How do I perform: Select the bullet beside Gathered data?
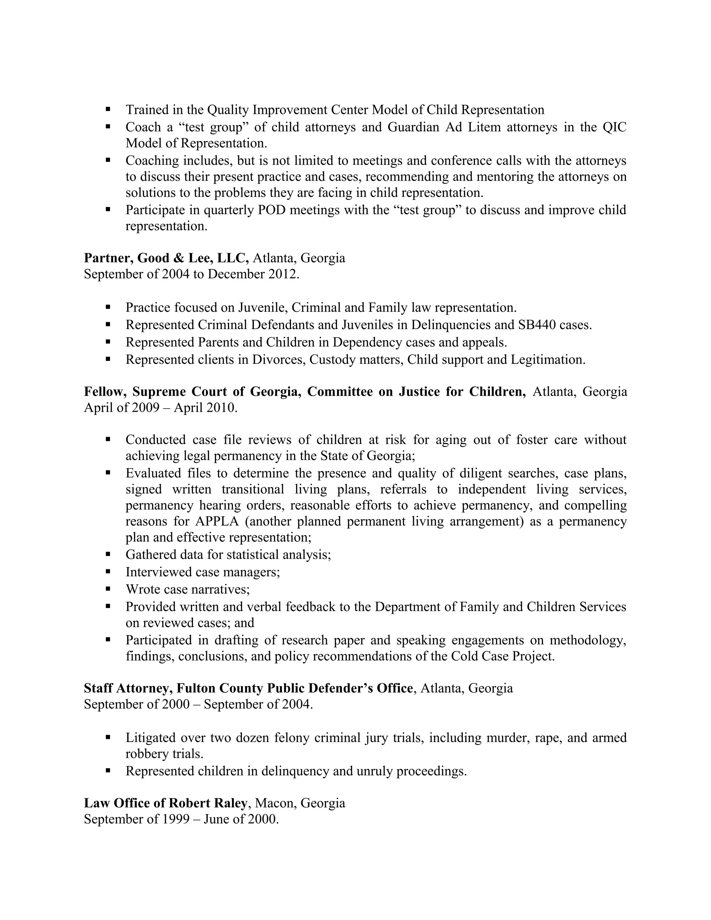108,554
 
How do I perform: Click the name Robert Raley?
208,803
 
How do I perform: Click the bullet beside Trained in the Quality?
108,109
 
